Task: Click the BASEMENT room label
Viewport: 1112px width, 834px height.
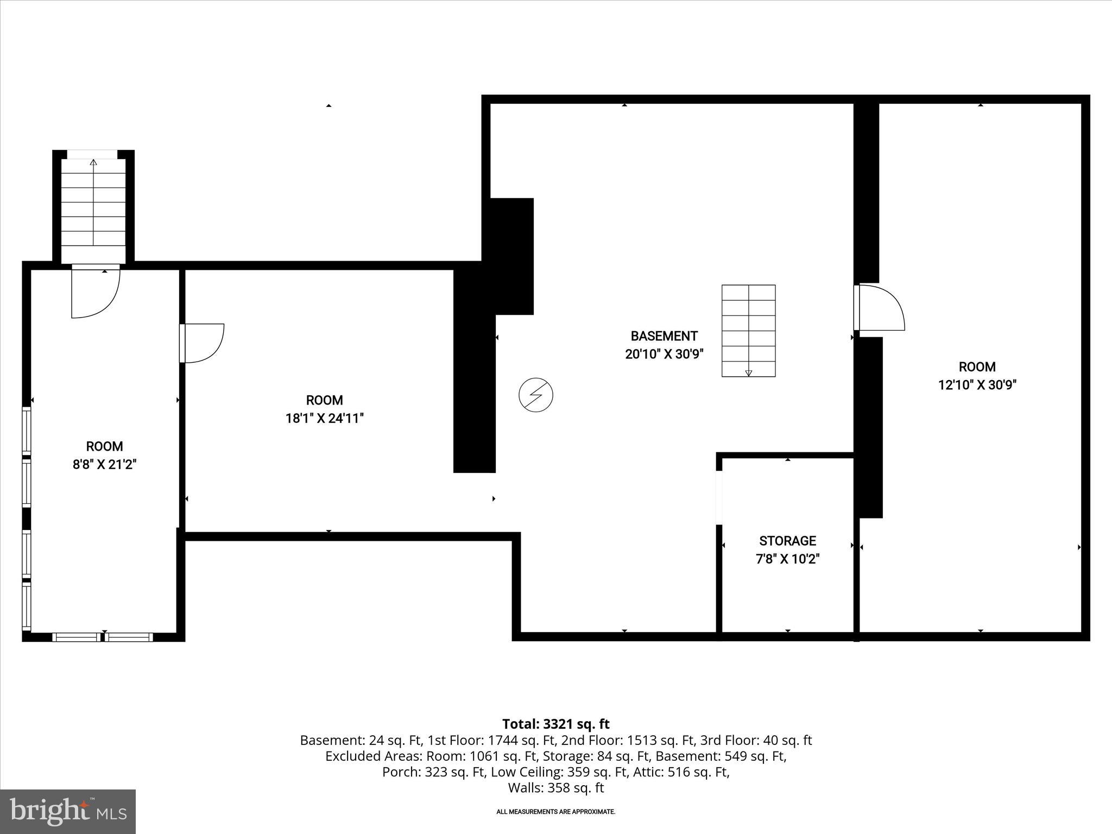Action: [664, 336]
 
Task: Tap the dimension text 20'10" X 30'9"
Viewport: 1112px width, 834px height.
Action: [664, 355]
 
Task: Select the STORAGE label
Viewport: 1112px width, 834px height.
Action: [787, 541]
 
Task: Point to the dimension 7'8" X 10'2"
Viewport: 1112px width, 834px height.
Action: [787, 559]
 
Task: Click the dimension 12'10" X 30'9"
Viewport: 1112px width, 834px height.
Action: [977, 385]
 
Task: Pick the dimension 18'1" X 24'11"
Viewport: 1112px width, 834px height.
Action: [324, 419]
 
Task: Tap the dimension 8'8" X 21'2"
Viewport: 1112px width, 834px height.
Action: [104, 465]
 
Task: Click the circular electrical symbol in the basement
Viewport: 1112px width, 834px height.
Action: [536, 395]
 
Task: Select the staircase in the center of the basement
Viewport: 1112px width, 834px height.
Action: [748, 330]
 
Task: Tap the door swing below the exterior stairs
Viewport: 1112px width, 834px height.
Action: [94, 293]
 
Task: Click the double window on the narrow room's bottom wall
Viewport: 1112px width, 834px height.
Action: [103, 637]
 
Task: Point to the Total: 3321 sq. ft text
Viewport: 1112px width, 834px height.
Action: [555, 724]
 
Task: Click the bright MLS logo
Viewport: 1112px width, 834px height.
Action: [68, 811]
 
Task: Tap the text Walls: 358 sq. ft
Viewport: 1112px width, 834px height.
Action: [555, 788]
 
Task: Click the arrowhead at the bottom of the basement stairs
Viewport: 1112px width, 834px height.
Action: [748, 372]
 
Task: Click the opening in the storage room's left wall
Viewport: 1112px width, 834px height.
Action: [719, 497]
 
